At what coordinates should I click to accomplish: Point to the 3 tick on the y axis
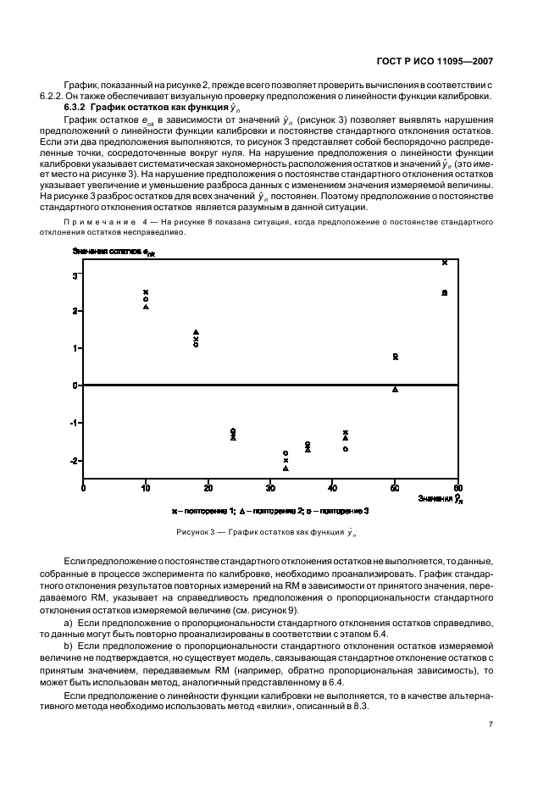coord(75,275)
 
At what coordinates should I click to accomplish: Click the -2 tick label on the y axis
coord(73,461)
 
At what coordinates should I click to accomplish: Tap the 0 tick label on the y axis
coord(75,385)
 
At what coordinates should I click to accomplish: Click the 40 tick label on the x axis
coord(332,489)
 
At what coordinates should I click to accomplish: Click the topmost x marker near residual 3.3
coord(445,263)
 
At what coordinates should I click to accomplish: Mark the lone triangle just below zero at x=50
coord(395,390)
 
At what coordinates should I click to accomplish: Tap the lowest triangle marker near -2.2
coord(286,468)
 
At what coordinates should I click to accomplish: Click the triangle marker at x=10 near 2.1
coord(146,307)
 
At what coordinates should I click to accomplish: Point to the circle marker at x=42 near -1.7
coord(345,448)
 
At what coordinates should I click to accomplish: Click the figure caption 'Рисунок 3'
coord(200,532)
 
